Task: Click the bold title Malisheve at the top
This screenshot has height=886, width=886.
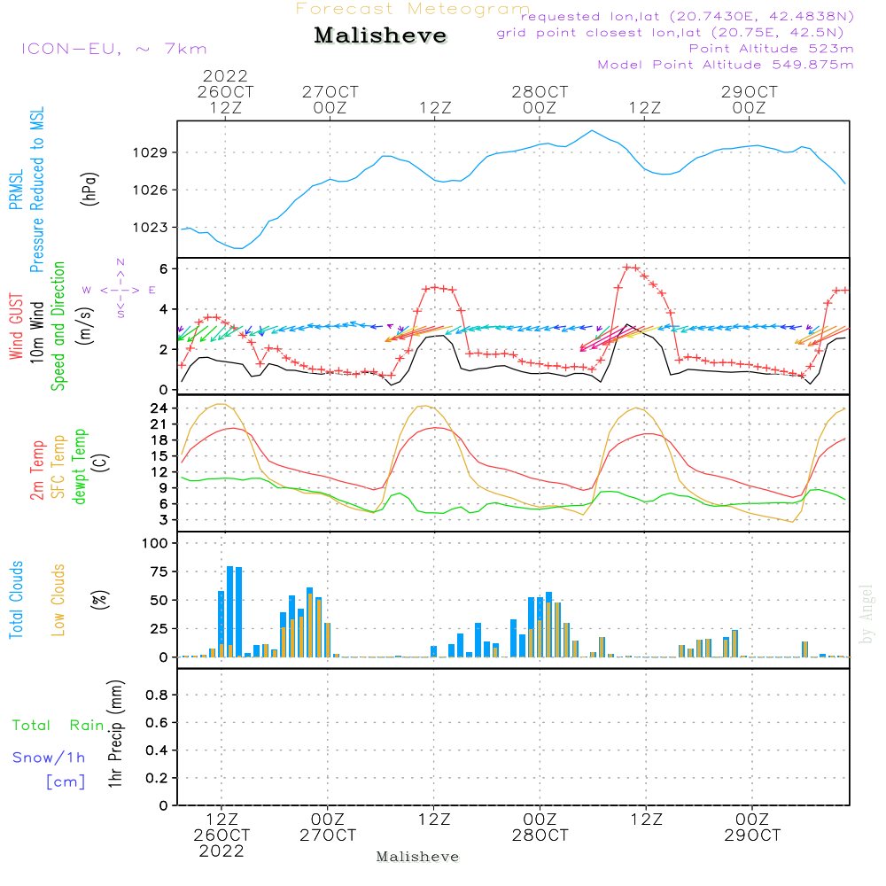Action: pyautogui.click(x=380, y=36)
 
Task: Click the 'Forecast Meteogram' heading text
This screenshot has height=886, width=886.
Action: pyautogui.click(x=413, y=10)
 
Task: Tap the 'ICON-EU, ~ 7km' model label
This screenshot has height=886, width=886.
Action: pyautogui.click(x=113, y=49)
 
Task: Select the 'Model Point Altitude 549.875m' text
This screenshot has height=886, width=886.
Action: pyautogui.click(x=726, y=65)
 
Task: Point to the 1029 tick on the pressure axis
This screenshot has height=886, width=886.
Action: pyautogui.click(x=156, y=153)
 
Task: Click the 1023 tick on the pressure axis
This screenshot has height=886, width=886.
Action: pyautogui.click(x=156, y=228)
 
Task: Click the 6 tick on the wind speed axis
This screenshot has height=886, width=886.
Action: pyautogui.click(x=164, y=268)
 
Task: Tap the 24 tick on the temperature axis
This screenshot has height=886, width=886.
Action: pyautogui.click(x=160, y=408)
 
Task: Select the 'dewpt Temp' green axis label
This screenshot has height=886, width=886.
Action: pyautogui.click(x=79, y=467)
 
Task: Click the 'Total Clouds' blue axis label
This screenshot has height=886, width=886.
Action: pyautogui.click(x=16, y=600)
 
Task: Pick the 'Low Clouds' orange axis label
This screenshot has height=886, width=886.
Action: pyautogui.click(x=58, y=600)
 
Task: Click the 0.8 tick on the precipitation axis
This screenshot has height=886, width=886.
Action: pyautogui.click(x=157, y=696)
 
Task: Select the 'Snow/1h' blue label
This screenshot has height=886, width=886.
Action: pyautogui.click(x=50, y=758)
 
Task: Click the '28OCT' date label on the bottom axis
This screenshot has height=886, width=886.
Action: pyautogui.click(x=540, y=835)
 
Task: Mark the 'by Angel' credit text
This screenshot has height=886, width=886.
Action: pyautogui.click(x=867, y=614)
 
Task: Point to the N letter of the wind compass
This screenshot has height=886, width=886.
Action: pyautogui.click(x=120, y=262)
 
